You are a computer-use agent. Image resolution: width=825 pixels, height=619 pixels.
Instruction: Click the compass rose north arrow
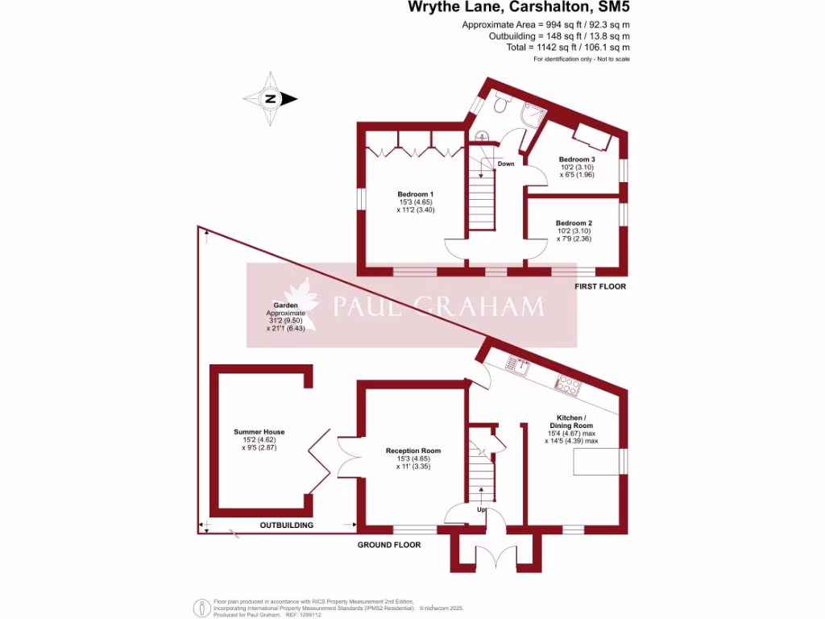pyautogui.click(x=272, y=100)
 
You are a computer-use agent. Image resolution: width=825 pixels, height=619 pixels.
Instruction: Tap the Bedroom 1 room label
pyautogui.click(x=415, y=194)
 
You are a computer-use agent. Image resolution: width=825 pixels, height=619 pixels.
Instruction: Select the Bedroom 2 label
pyautogui.click(x=574, y=223)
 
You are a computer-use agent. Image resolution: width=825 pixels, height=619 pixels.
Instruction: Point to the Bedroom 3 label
pyautogui.click(x=576, y=160)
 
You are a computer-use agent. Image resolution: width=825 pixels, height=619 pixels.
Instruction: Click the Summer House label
pyautogui.click(x=259, y=432)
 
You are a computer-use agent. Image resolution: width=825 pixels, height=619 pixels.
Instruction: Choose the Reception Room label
pyautogui.click(x=413, y=451)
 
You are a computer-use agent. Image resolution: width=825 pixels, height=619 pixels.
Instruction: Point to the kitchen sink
pyautogui.click(x=515, y=368)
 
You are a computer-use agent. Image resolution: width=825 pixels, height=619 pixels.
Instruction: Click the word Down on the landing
pyautogui.click(x=506, y=164)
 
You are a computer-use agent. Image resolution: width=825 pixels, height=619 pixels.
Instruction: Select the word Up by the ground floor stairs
pyautogui.click(x=481, y=510)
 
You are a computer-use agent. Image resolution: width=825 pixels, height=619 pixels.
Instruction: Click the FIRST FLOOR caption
pyautogui.click(x=599, y=286)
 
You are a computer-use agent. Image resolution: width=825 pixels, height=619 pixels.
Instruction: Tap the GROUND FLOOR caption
pyautogui.click(x=389, y=545)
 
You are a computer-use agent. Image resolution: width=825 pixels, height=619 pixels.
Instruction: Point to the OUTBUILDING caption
pyautogui.click(x=286, y=526)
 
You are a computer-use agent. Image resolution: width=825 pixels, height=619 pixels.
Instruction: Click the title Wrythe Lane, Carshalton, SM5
pyautogui.click(x=519, y=8)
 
